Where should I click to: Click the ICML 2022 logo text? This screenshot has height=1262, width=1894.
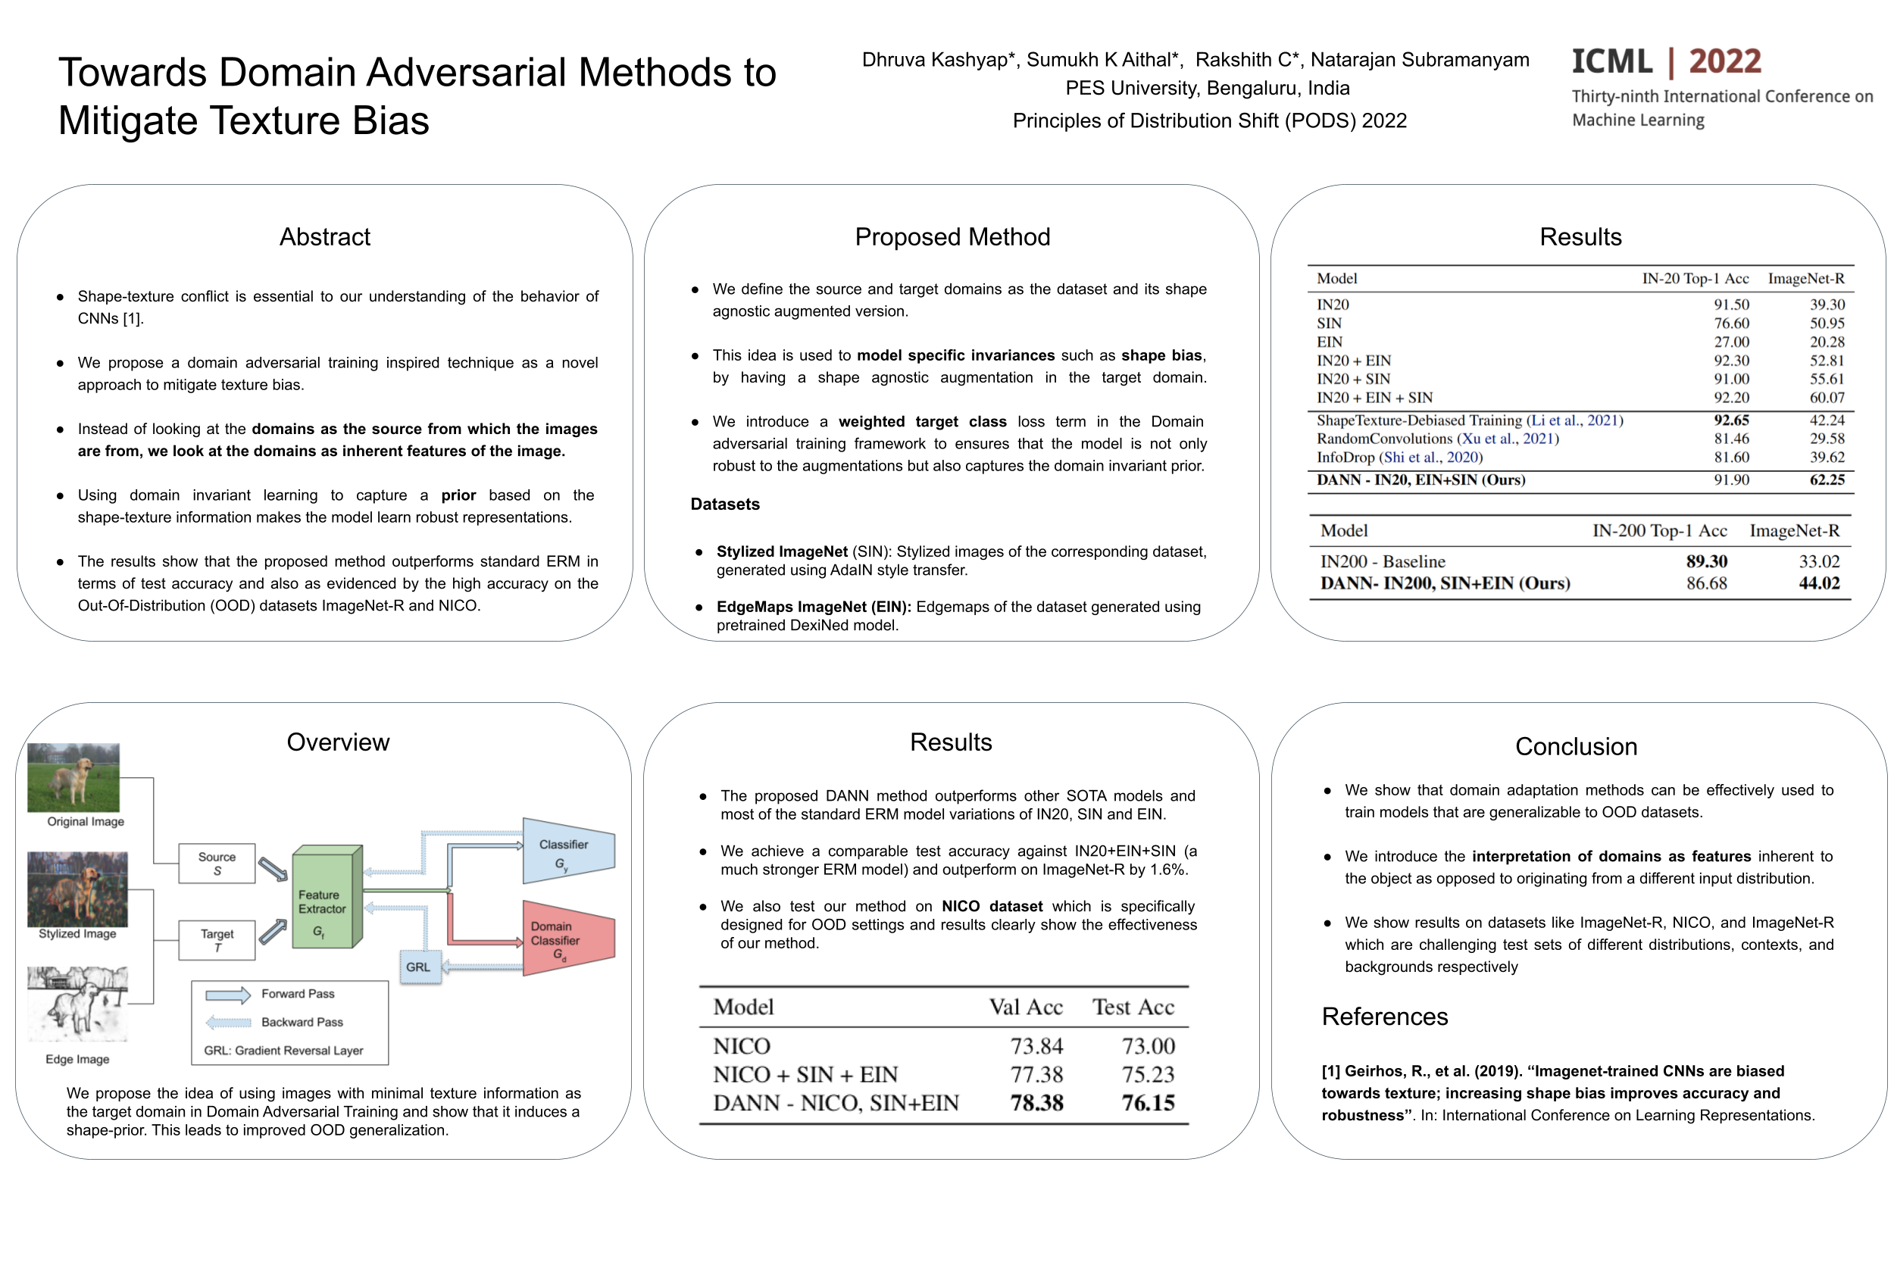pyautogui.click(x=1665, y=62)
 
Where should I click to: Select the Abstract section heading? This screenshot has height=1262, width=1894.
pyautogui.click(x=324, y=236)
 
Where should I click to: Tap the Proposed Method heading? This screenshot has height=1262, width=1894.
pyautogui.click(x=952, y=236)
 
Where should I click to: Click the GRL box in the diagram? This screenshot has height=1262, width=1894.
pyautogui.click(x=417, y=967)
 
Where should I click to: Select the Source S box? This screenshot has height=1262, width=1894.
pyautogui.click(x=217, y=864)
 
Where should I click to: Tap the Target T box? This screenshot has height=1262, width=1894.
pyautogui.click(x=217, y=940)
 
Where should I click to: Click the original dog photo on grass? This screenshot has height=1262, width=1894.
pyautogui.click(x=73, y=776)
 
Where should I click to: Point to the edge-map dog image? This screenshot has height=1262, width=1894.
pyautogui.click(x=77, y=1004)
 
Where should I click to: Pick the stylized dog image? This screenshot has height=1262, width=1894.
pyautogui.click(x=77, y=889)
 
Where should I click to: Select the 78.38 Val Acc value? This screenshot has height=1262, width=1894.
pyautogui.click(x=1036, y=1103)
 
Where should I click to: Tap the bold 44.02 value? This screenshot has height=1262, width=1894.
pyautogui.click(x=1818, y=583)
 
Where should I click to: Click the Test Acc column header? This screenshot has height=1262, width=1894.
pyautogui.click(x=1133, y=1007)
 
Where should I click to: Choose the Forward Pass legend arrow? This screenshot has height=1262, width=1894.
pyautogui.click(x=228, y=995)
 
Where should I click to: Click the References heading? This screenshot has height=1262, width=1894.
pyautogui.click(x=1383, y=1017)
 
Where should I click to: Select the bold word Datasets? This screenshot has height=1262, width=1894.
pyautogui.click(x=724, y=504)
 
